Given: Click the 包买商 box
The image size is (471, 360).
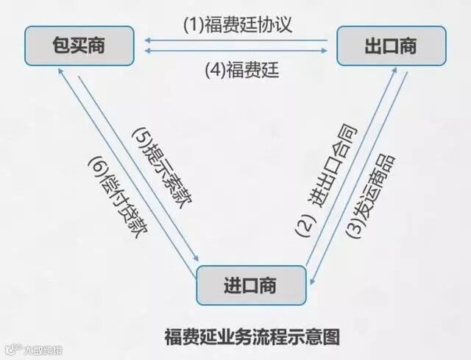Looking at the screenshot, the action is coord(79,45).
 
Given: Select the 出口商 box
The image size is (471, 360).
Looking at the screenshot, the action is coord(391,45).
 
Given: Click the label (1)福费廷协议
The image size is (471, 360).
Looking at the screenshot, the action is coord(238,24).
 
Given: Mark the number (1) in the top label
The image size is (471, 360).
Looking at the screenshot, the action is coord(192,24).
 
